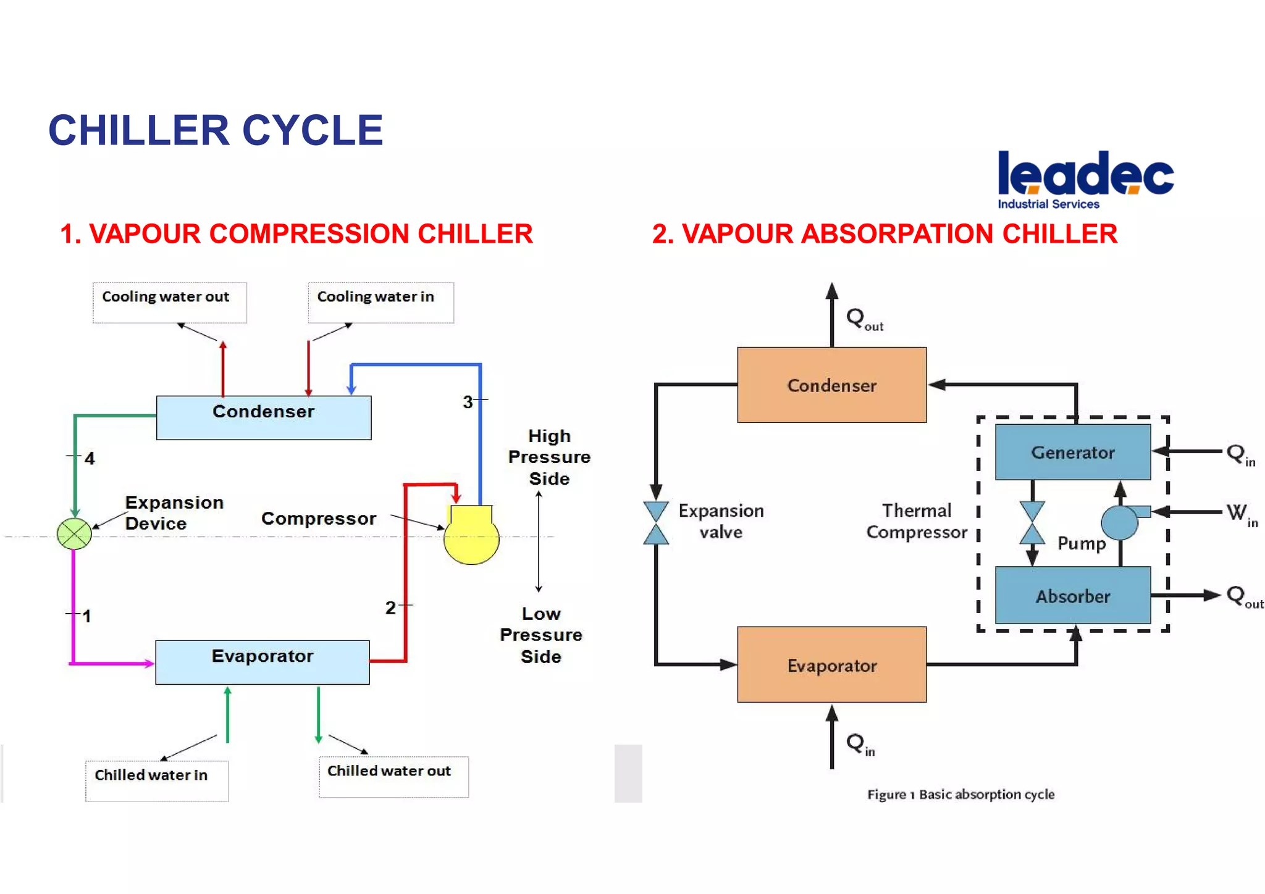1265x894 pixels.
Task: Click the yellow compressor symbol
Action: pyautogui.click(x=471, y=536)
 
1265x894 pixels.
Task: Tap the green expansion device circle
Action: pyautogui.click(x=74, y=534)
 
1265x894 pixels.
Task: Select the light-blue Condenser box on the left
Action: pyautogui.click(x=264, y=418)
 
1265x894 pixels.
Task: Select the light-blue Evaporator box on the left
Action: pyautogui.click(x=263, y=662)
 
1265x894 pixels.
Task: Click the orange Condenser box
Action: pyautogui.click(x=831, y=385)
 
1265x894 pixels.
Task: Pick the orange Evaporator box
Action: pyautogui.click(x=831, y=665)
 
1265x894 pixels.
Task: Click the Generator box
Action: pyautogui.click(x=1073, y=452)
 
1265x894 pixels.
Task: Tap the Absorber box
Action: pyautogui.click(x=1073, y=596)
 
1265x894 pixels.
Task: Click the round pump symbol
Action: pyautogui.click(x=1119, y=522)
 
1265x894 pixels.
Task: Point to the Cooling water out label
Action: pyautogui.click(x=166, y=297)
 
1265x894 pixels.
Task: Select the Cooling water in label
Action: pyautogui.click(x=376, y=297)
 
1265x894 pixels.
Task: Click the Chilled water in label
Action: pyautogui.click(x=151, y=775)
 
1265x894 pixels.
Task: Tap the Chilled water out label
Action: pyautogui.click(x=389, y=771)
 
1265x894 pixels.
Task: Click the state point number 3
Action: pyautogui.click(x=468, y=402)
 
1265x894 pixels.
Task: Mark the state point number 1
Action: pyautogui.click(x=86, y=616)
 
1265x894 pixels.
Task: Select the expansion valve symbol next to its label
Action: pyautogui.click(x=656, y=522)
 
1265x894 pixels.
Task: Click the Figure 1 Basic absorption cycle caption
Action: pyautogui.click(x=960, y=795)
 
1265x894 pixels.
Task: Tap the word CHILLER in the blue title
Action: pyautogui.click(x=139, y=131)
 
